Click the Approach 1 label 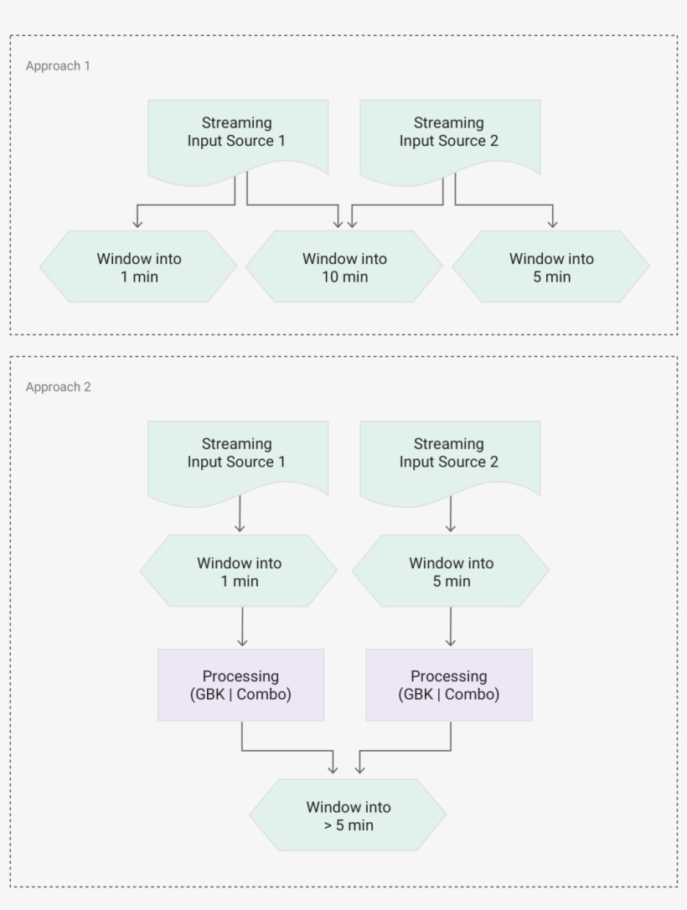[58, 65]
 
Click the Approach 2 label [58, 387]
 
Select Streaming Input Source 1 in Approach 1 [238, 134]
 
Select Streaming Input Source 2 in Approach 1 [450, 134]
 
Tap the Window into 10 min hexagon [344, 267]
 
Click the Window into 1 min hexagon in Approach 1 [138, 267]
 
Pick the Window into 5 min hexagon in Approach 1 [551, 267]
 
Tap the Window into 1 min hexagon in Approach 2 [239, 571]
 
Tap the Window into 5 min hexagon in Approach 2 [451, 571]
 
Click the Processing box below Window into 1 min [241, 685]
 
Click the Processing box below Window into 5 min [449, 685]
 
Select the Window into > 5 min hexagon [348, 815]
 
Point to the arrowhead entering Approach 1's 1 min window [138, 223]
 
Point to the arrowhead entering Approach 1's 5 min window [552, 223]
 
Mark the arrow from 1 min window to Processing [242, 626]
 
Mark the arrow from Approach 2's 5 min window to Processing [451, 626]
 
